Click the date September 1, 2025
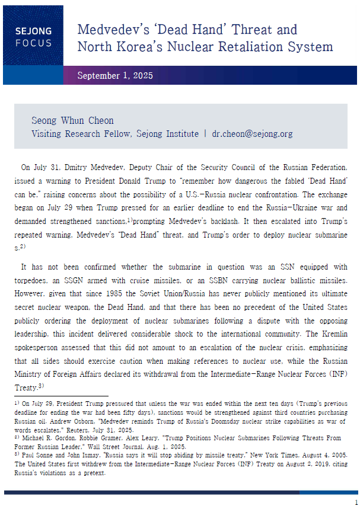(115, 75)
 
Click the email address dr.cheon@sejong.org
(252, 134)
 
